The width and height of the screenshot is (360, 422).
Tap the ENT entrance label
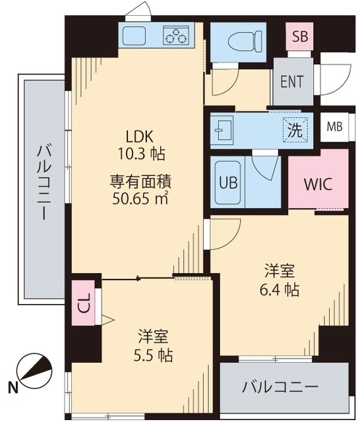pos(292,82)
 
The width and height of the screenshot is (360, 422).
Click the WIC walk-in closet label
pos(318,184)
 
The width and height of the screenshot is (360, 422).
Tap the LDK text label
pos(140,136)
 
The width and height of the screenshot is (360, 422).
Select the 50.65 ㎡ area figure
pos(140,197)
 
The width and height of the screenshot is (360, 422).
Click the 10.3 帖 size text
pos(140,154)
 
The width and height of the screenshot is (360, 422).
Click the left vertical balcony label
pos(44,184)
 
